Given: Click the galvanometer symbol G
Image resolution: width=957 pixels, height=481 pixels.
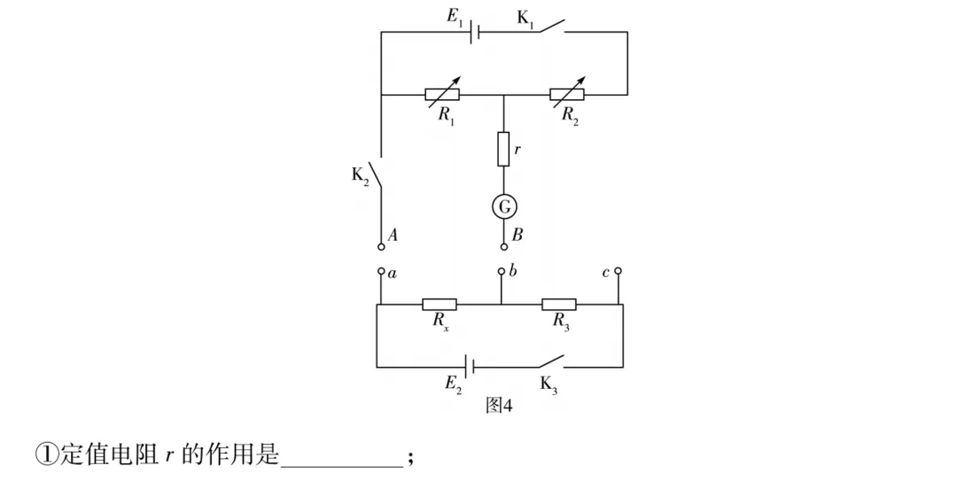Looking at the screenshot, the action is pos(503,207).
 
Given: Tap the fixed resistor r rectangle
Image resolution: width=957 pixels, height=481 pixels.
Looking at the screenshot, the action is pos(503,149).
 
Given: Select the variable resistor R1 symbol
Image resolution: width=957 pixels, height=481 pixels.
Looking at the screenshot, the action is pos(442,94).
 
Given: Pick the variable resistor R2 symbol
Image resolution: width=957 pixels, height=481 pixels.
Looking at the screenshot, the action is pos(567,94).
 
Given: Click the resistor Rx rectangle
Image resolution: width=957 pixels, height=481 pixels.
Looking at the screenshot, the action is pos(440,304).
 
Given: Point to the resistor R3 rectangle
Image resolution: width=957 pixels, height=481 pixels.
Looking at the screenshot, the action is pos(559,304).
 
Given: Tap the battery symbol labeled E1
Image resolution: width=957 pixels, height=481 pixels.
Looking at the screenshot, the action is pos(475,32).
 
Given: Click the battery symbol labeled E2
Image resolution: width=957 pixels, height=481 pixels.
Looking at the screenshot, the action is pos(470,367).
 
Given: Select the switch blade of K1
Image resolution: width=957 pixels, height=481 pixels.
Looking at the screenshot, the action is pos(552,26).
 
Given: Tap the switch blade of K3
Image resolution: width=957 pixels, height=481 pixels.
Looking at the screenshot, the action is pos(551,361).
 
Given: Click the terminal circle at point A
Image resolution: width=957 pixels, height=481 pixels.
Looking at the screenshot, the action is pos(381,246).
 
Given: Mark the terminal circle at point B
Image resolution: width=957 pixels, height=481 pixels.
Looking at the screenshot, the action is pos(503,246).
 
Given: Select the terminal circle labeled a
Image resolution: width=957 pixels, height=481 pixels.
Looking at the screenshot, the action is pos(381,271).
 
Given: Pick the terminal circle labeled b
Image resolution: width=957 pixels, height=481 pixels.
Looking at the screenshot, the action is pos(501,271).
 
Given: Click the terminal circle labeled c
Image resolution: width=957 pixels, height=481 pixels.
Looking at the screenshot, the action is pos(618,270).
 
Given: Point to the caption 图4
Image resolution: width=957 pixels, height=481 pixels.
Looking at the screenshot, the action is pos(499,405).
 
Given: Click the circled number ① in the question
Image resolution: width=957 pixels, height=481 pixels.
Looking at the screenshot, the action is pos(46,454).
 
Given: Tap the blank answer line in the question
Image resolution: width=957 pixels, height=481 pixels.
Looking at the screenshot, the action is pos(342,466).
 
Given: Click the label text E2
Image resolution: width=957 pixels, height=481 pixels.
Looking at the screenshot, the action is pos(454,384).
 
